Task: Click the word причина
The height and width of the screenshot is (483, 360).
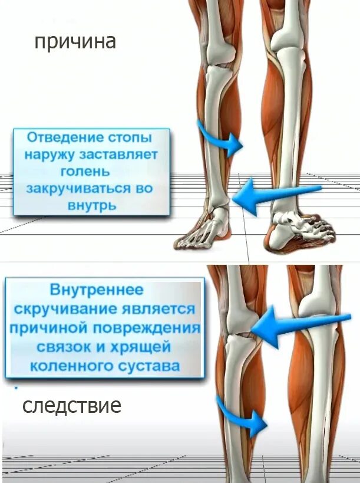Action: (x=74, y=42)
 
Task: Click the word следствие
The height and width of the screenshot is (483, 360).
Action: (x=72, y=406)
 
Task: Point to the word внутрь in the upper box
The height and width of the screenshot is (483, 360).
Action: (x=92, y=206)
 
